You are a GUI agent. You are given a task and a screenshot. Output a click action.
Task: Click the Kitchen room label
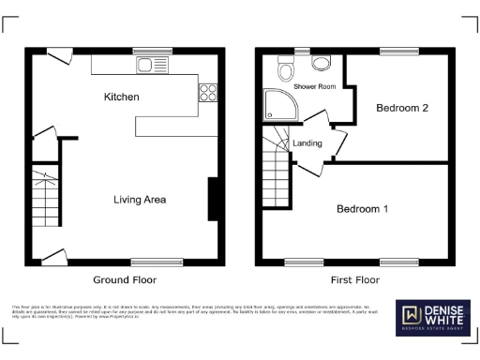coord(122,97)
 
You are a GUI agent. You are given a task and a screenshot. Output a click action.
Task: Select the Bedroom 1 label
coord(362,209)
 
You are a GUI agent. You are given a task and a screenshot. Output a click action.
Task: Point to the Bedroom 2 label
coord(402,109)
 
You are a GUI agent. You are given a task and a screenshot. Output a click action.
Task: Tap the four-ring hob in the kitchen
coord(207,92)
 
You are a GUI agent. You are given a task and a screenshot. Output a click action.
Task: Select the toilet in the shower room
coord(287,67)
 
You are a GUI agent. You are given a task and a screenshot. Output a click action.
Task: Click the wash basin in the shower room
coord(322,63)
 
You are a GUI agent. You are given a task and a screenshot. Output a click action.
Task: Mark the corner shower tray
coord(278,105)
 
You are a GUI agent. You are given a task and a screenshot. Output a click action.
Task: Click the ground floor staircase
coord(45,198)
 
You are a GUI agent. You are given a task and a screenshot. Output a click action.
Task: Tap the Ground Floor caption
coord(124,280)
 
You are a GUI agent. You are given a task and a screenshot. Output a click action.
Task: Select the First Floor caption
coord(355,280)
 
